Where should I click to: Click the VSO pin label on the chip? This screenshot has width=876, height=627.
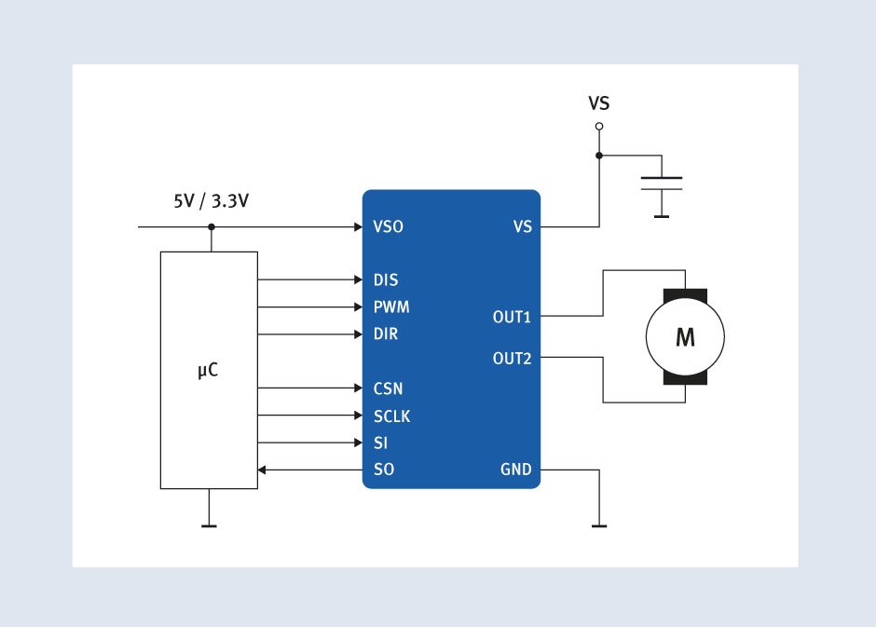pyautogui.click(x=388, y=226)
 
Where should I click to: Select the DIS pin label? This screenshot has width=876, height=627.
pyautogui.click(x=386, y=279)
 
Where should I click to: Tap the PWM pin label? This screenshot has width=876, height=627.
pyautogui.click(x=391, y=307)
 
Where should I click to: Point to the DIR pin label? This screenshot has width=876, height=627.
pyautogui.click(x=386, y=334)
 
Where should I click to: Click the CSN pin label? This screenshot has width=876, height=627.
pyautogui.click(x=388, y=388)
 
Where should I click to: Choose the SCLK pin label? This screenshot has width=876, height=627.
pyautogui.click(x=391, y=416)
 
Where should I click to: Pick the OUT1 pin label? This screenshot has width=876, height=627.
pyautogui.click(x=512, y=317)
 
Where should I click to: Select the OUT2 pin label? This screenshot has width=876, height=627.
pyautogui.click(x=512, y=359)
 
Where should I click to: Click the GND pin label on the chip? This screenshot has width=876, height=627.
pyautogui.click(x=515, y=470)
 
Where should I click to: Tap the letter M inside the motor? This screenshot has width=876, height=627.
pyautogui.click(x=686, y=337)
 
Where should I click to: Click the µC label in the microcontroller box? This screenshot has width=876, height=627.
pyautogui.click(x=208, y=371)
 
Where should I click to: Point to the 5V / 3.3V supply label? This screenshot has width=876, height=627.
pyautogui.click(x=212, y=201)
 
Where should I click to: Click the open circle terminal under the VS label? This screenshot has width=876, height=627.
pyautogui.click(x=599, y=126)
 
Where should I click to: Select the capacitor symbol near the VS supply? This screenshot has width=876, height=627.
pyautogui.click(x=662, y=184)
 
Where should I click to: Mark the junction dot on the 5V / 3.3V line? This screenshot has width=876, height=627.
pyautogui.click(x=212, y=226)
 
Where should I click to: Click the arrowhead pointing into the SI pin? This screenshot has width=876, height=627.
pyautogui.click(x=359, y=443)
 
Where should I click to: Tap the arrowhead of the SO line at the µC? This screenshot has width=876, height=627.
pyautogui.click(x=262, y=470)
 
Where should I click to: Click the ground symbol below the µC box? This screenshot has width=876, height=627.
pyautogui.click(x=209, y=525)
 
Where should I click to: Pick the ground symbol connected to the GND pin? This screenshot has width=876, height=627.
pyautogui.click(x=599, y=525)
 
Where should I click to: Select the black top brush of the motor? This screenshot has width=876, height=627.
pyautogui.click(x=685, y=295)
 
